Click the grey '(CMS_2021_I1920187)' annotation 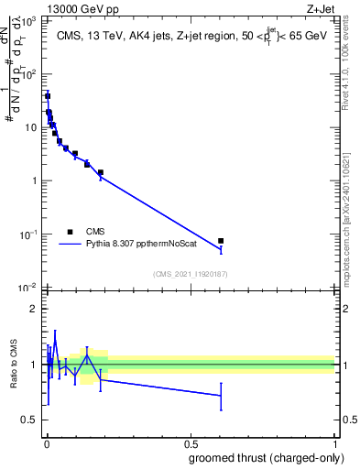(x=191, y=273)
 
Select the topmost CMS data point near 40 (x=48, y=95)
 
